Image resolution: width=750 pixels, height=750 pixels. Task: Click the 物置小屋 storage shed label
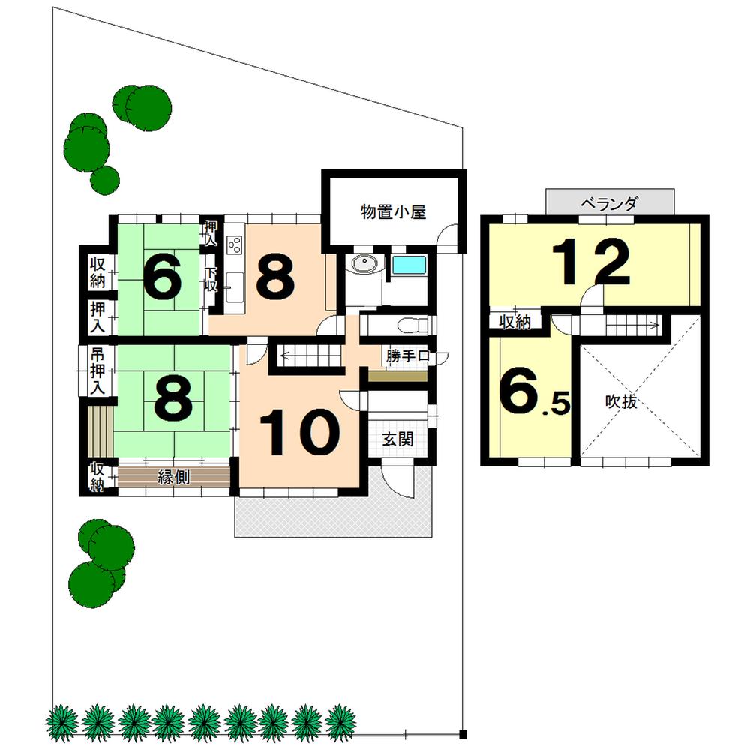(x=393, y=212)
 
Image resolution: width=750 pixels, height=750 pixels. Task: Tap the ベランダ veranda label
(x=610, y=203)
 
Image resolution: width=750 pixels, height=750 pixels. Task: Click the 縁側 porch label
(x=172, y=477)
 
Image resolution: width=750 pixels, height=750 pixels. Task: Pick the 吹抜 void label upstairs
(x=621, y=402)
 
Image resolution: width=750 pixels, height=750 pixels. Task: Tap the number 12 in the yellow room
(x=592, y=261)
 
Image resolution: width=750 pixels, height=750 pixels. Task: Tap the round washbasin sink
(x=365, y=264)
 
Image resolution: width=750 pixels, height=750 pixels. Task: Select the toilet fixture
(x=411, y=325)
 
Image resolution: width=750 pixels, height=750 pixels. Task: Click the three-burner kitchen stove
(x=235, y=245)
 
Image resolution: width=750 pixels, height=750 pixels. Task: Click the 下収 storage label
(x=211, y=278)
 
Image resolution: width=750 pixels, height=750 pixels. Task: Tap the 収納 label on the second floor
(x=515, y=322)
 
